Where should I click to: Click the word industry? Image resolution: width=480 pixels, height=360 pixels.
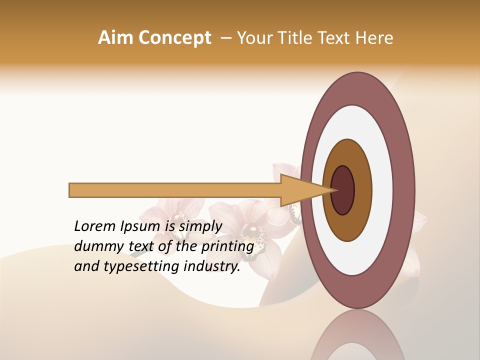212,266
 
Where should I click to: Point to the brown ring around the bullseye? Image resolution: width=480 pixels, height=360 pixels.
364,190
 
